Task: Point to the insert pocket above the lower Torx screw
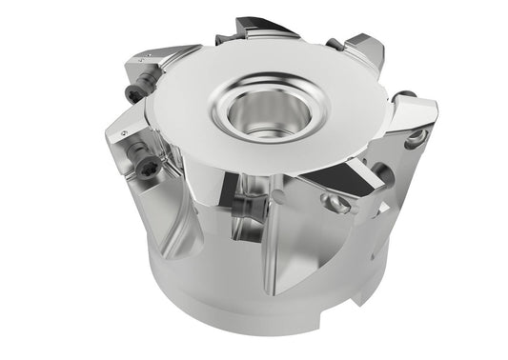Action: coord(124,129)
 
